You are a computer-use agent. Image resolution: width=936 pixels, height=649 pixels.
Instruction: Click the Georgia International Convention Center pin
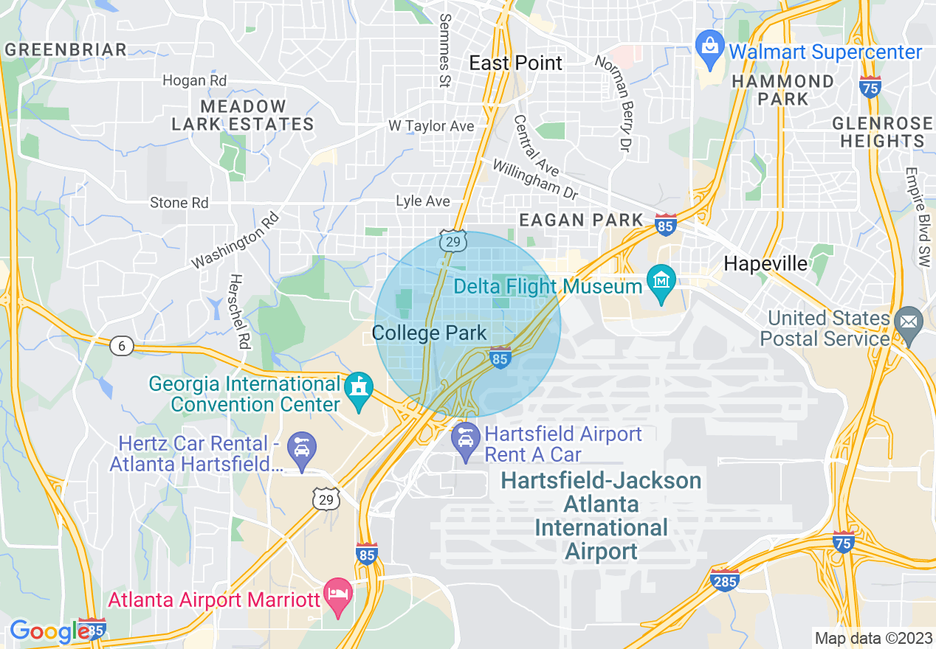tap(359, 387)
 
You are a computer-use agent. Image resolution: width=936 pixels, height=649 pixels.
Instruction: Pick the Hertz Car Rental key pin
tap(302, 447)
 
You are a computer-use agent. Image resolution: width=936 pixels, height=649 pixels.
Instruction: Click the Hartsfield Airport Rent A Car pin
tap(466, 438)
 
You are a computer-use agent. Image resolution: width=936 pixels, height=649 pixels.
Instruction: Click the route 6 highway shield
tap(122, 345)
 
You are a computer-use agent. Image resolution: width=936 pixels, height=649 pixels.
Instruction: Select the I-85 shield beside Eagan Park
tap(665, 225)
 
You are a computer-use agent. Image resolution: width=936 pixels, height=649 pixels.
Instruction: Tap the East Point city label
tap(516, 63)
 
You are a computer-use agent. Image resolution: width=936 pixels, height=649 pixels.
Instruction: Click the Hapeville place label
tap(765, 263)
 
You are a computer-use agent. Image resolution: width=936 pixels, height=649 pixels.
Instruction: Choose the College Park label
tap(430, 333)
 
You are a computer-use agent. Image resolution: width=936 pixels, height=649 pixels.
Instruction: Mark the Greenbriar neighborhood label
tap(66, 50)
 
